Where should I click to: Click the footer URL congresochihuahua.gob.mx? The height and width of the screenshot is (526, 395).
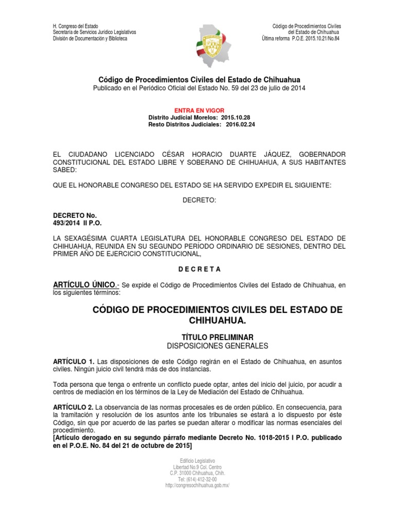(197, 485)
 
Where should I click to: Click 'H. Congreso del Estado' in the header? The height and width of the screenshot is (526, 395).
(76, 26)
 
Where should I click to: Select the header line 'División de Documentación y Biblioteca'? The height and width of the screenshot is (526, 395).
(90, 39)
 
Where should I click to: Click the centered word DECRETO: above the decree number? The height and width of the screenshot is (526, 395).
(197, 200)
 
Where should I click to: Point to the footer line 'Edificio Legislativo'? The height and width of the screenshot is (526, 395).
(197, 461)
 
